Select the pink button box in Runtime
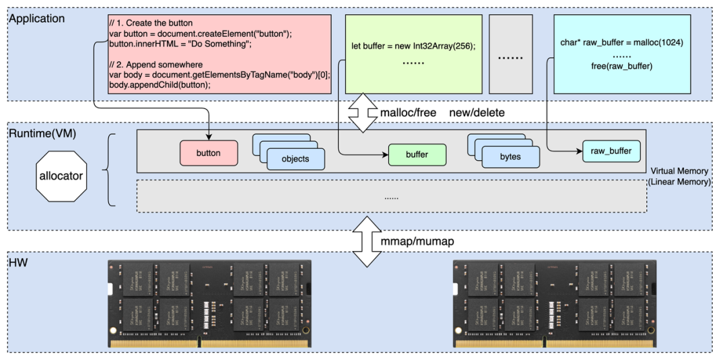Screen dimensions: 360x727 point(208,153)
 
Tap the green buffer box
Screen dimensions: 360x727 point(417,155)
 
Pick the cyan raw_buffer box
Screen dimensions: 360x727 point(611,151)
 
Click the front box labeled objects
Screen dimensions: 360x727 point(296,159)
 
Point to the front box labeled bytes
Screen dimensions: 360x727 point(510,157)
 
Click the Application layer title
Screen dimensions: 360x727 point(36,19)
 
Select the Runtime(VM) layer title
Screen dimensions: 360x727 point(42,133)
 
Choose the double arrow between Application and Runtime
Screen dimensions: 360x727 point(363,114)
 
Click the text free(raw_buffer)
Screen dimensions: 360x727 point(621,67)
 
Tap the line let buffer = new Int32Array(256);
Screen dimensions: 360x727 point(413,46)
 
